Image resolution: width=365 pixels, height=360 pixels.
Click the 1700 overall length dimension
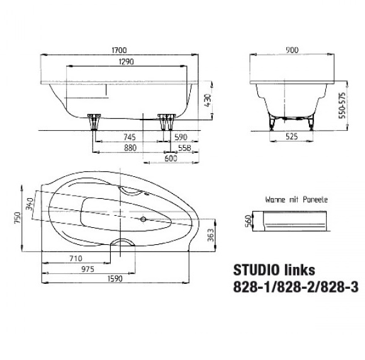coord(119,50)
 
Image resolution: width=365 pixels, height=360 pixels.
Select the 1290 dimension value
coord(126,62)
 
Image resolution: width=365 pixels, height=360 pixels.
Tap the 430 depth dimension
coord(208,100)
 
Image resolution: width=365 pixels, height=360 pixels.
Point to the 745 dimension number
coord(130,137)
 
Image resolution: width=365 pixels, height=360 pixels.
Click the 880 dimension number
coord(130,148)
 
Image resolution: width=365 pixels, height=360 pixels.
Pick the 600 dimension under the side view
coord(171,159)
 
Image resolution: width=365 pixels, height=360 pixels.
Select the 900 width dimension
coord(292,50)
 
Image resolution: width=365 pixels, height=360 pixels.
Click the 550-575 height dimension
coord(342,106)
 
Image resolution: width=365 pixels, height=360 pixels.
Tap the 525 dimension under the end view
coord(291,136)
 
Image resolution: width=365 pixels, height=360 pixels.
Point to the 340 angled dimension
coord(30,204)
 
